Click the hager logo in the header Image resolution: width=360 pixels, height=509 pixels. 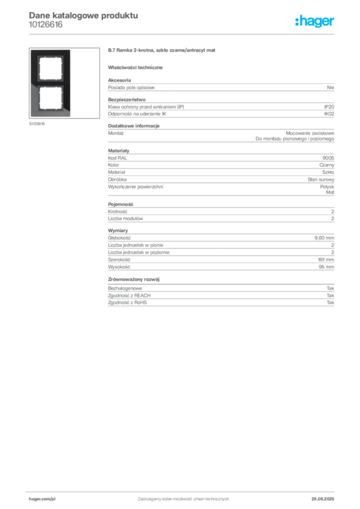click(315, 21)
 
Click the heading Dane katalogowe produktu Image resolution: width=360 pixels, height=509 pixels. click(84, 15)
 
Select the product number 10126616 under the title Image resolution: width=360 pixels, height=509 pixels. click(46, 25)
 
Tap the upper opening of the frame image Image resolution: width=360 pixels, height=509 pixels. click(50, 68)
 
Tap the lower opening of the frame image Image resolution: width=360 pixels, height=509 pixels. click(50, 98)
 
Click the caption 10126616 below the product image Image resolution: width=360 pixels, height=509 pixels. click(37, 124)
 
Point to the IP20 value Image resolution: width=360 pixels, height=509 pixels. click(329, 107)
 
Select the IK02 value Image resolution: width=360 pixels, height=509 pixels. click(329, 114)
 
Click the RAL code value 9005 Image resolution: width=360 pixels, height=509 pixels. click(328, 158)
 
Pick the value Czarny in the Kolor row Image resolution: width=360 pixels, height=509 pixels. click(327, 165)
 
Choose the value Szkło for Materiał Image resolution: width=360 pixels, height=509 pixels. click(328, 172)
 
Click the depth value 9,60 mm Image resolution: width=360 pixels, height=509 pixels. click(324, 238)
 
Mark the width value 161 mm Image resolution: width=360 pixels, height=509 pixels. click(326, 259)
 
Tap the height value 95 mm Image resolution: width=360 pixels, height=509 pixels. click(327, 267)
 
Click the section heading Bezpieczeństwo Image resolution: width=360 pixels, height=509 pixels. click(127, 99)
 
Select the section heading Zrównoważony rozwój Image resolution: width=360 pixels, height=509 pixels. click(134, 279)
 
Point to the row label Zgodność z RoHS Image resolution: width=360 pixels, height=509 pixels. click(127, 303)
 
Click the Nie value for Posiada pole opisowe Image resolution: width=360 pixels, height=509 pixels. click(331, 87)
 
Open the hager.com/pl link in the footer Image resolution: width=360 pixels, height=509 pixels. click(42, 499)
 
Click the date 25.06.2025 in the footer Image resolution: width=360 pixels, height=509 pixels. click(323, 499)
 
